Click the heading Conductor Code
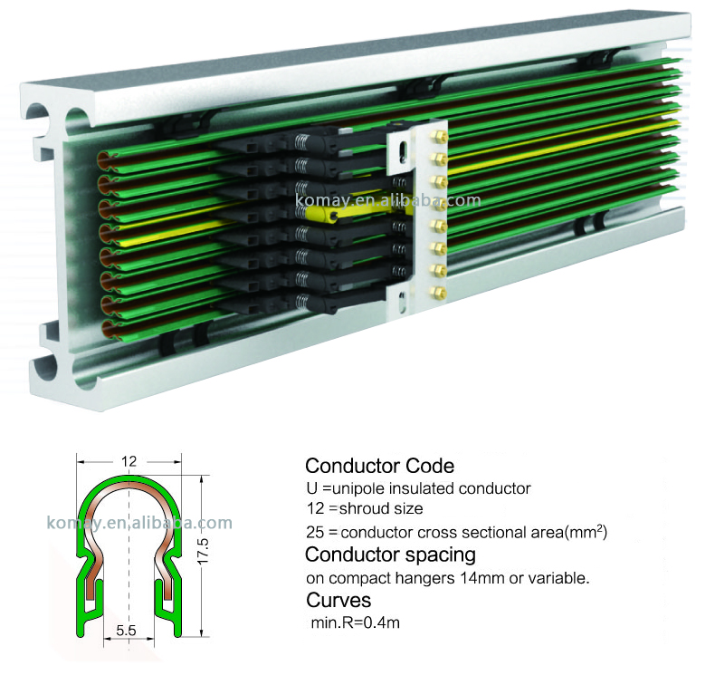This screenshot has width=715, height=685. click(379, 467)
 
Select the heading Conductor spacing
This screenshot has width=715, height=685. click(390, 554)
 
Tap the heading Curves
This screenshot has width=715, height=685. click(338, 600)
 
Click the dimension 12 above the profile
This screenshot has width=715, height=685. click(129, 461)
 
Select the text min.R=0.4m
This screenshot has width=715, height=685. click(355, 622)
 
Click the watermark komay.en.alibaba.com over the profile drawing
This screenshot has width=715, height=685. click(138, 523)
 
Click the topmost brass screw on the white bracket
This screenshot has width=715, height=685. click(440, 136)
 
